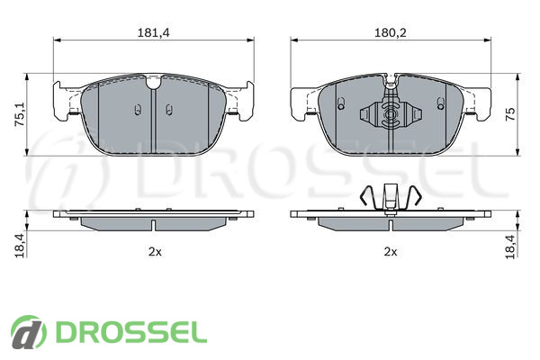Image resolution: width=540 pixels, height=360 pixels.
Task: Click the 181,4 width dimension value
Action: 154,32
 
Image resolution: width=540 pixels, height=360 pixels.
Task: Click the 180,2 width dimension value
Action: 391,32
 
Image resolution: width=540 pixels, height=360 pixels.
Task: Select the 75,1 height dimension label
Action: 20,114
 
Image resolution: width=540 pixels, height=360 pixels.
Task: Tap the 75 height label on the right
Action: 510,114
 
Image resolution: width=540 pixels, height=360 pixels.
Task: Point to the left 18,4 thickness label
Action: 20,245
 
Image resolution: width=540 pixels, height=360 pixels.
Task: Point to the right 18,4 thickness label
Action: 511,247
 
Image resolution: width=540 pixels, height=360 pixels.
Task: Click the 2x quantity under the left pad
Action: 155,252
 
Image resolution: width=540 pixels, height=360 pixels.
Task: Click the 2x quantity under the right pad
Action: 391,252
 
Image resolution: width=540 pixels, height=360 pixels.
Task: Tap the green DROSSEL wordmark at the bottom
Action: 131,332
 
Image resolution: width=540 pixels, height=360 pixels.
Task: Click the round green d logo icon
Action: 28,332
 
